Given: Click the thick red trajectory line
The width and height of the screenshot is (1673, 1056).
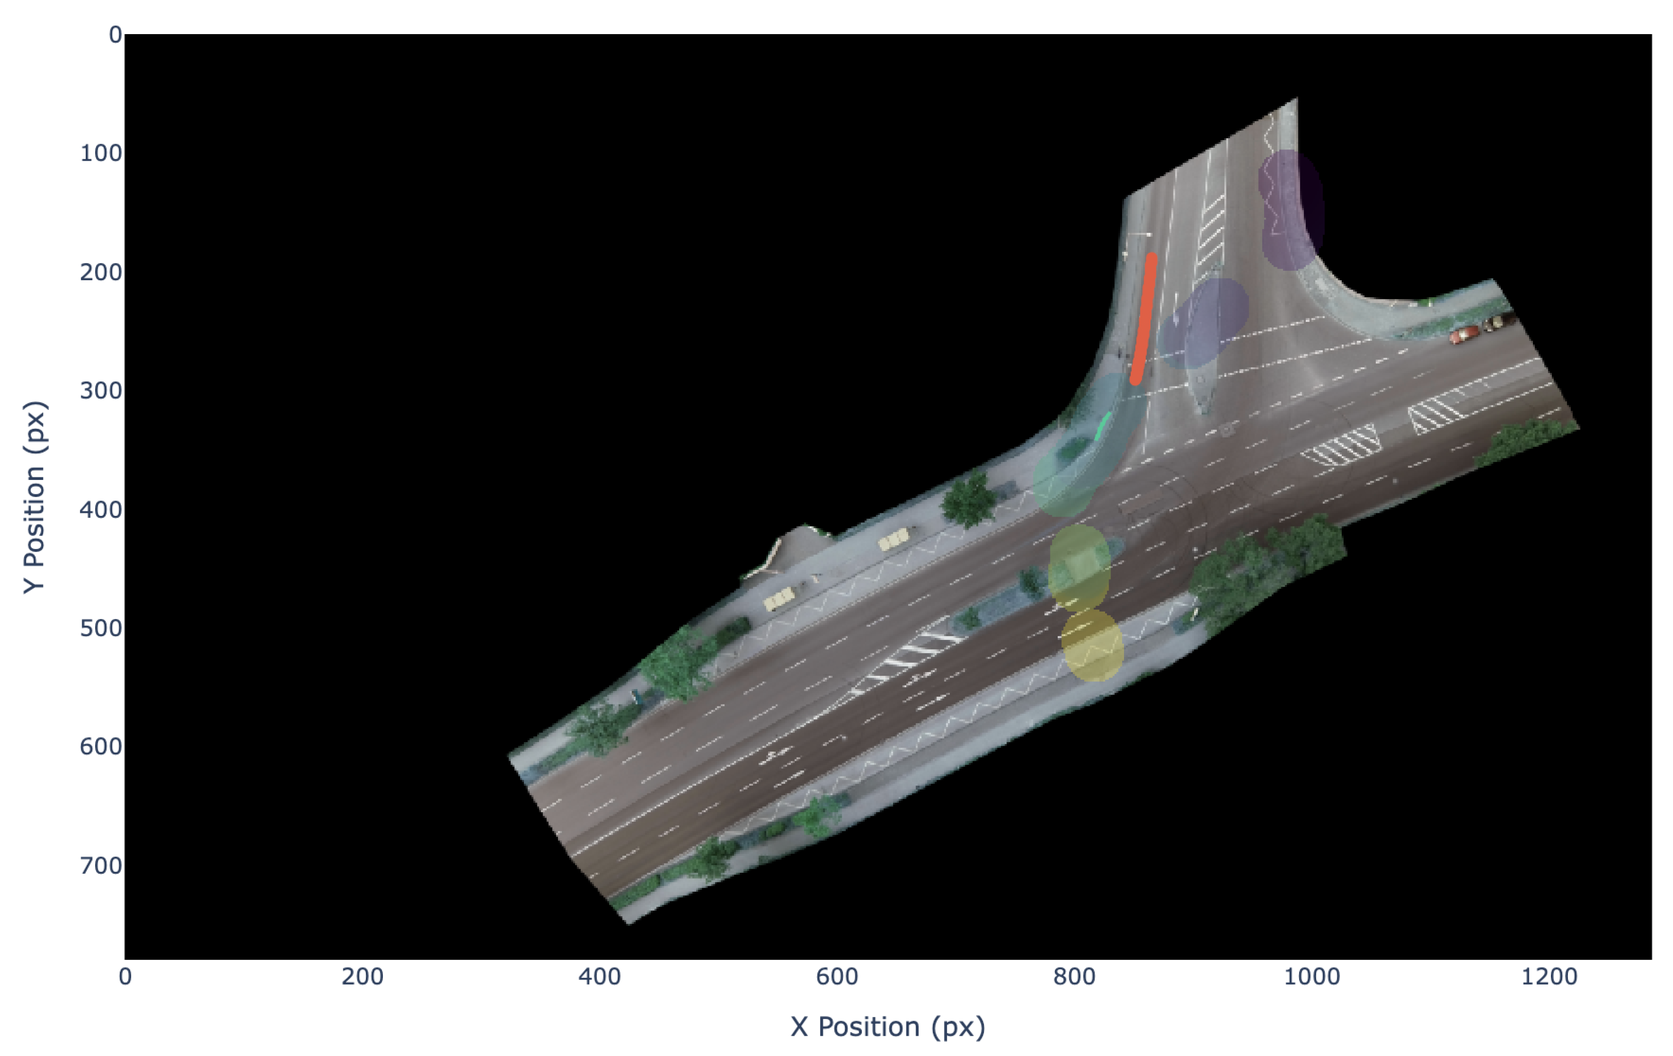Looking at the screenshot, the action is click(1143, 319).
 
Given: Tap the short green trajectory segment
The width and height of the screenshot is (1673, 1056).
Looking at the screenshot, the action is click(1102, 426).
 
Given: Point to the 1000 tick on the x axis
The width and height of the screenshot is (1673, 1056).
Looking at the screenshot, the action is click(1312, 977).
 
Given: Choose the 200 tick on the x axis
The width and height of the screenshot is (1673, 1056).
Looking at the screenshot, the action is click(362, 977).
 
